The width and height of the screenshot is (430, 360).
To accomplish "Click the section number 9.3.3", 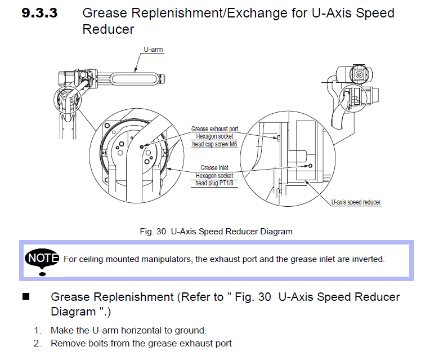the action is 39,13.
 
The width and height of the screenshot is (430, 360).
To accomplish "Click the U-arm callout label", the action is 153,50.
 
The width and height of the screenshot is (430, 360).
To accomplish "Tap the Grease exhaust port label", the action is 214,129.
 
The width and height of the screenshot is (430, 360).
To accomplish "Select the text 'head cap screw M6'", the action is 214,144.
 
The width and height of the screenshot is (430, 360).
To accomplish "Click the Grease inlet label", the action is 214,168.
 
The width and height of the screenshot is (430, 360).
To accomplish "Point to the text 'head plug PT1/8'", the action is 214,183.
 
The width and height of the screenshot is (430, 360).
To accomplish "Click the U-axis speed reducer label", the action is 356,202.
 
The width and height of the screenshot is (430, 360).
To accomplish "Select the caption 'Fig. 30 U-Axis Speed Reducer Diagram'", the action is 216,232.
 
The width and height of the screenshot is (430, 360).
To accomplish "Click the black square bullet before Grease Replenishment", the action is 26,296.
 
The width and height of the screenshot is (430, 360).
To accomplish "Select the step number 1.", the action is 37,330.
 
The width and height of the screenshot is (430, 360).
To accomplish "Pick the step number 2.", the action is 37,344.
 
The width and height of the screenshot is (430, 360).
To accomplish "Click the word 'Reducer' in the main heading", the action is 108,29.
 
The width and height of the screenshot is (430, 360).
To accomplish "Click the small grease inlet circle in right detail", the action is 310,166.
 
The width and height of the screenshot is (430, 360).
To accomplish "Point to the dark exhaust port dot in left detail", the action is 142,147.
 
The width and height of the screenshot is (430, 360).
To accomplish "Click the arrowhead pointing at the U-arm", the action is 135,70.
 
